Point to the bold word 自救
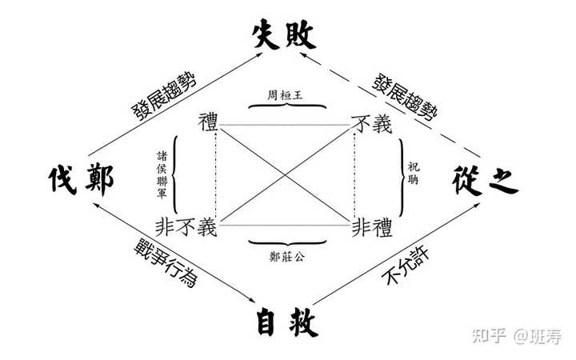(x=286, y=322)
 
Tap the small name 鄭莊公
(x=286, y=258)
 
